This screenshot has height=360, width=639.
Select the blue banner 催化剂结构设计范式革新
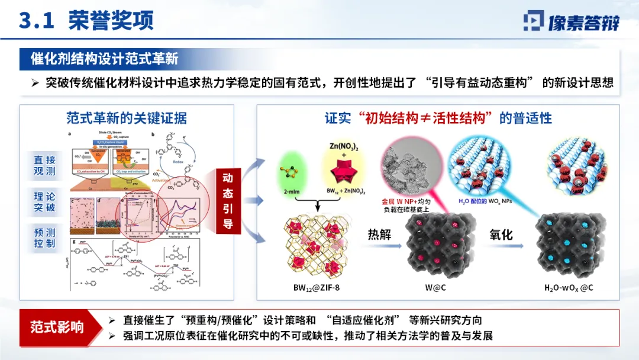(x=105, y=59)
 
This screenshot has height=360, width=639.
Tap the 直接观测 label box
(x=44, y=165)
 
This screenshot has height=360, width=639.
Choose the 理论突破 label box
(x=44, y=201)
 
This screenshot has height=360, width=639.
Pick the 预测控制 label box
(x=44, y=237)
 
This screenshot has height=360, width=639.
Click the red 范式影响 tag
(x=57, y=327)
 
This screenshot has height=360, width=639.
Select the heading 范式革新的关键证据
(x=127, y=118)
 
